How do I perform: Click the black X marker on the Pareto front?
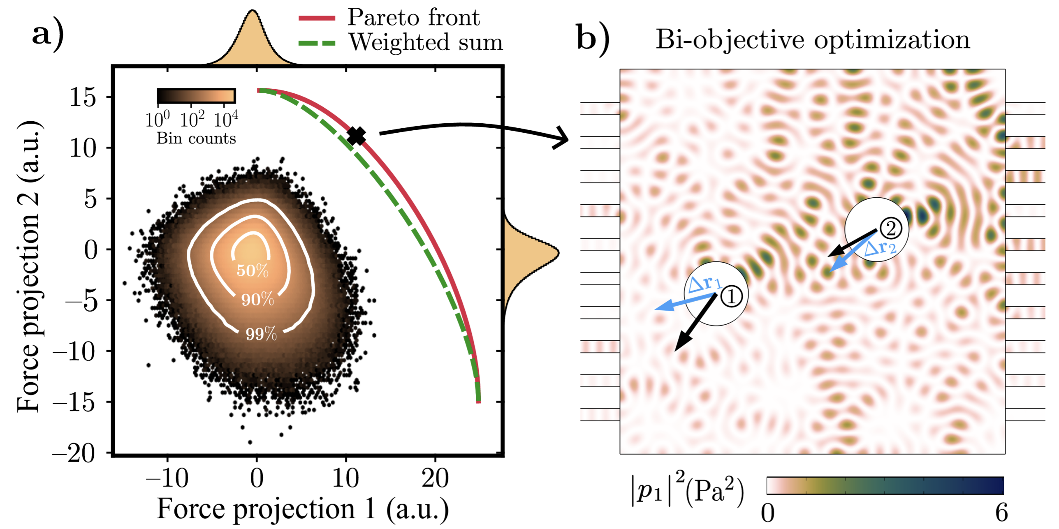356,136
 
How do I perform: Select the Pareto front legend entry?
413,17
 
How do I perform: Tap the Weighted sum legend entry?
425,42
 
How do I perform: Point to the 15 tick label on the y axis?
83,97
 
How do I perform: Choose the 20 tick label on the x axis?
435,478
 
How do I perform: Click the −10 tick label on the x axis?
167,478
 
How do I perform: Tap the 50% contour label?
253,270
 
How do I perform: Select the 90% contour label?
257,300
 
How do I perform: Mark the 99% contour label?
261,334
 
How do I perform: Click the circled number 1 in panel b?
731,296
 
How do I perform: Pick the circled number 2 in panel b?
890,228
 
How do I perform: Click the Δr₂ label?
881,248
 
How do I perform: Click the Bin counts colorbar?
196,96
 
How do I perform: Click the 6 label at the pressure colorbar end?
1001,513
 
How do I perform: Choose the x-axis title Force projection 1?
303,509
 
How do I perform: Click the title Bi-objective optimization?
813,40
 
